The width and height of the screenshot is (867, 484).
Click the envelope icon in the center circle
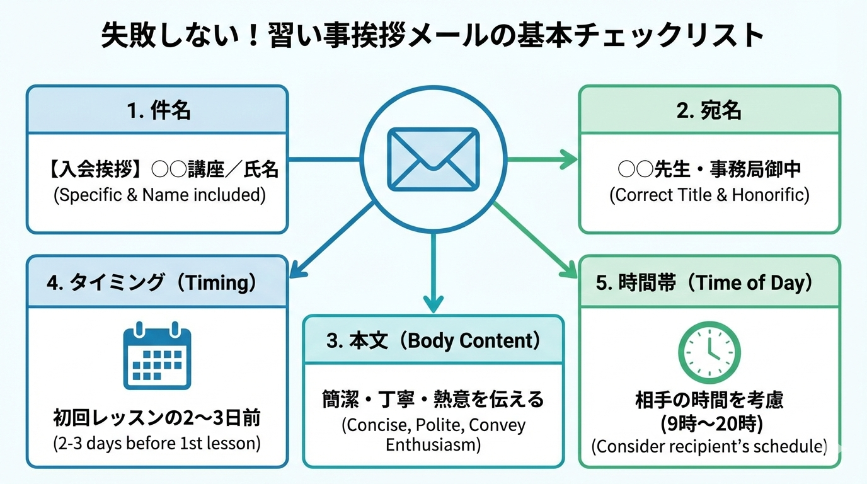(433, 159)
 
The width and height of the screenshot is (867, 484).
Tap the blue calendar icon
(156, 357)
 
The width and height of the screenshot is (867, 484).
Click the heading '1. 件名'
(158, 110)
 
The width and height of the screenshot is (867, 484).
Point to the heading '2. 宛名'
(709, 110)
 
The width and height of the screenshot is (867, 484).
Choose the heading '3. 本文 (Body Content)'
(433, 340)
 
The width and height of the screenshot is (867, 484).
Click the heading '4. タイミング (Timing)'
(152, 282)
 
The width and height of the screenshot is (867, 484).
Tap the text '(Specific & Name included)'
(158, 195)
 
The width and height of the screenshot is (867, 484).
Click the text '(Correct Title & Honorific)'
(709, 195)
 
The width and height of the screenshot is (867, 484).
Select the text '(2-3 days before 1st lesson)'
(157, 443)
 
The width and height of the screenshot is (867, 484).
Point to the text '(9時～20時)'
(708, 423)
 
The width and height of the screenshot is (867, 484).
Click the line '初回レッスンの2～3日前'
(157, 418)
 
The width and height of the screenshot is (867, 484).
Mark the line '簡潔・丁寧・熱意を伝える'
(433, 399)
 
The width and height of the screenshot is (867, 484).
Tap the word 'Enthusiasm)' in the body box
(433, 445)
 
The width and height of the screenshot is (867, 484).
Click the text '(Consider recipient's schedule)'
(709, 446)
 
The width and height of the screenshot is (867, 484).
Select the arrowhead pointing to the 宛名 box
(570, 159)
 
